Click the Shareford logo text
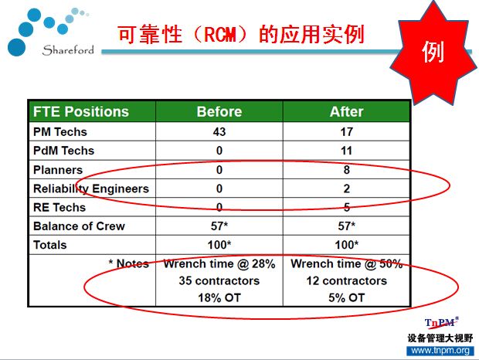[x=68, y=50]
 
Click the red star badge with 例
[x=433, y=53]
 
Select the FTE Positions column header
[x=81, y=111]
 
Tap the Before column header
[x=219, y=111]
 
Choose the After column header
[x=346, y=111]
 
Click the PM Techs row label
[x=60, y=132]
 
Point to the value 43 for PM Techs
[x=219, y=132]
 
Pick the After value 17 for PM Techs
[x=346, y=132]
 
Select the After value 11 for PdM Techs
[x=346, y=151]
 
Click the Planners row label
[x=58, y=170]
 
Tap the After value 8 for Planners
[x=346, y=170]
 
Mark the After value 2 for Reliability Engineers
[x=346, y=188]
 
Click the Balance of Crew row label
[x=79, y=226]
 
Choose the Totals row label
[x=49, y=245]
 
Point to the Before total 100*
[x=219, y=245]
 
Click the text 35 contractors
[x=219, y=280]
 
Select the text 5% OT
[x=346, y=297]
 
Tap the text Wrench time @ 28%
[x=219, y=263]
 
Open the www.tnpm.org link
[x=440, y=350]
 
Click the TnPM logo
[x=442, y=323]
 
